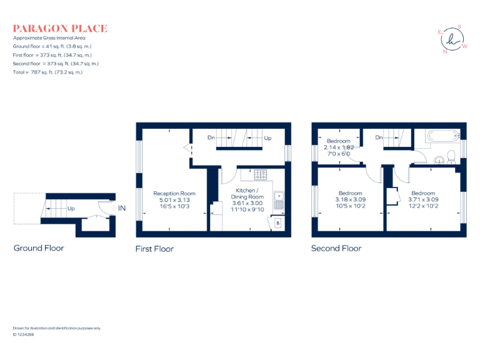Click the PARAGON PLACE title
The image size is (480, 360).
(60, 28)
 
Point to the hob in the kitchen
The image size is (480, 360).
(261, 174)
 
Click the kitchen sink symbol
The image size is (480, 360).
(279, 200)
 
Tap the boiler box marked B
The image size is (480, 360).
(278, 222)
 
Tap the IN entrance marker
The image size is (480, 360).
(122, 208)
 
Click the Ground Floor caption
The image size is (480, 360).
(39, 248)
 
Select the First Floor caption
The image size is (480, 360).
(154, 249)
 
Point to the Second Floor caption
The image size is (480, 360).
(336, 248)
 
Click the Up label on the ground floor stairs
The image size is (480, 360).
(71, 208)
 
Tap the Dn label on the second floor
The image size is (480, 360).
(379, 137)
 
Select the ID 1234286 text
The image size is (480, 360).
(24, 335)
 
